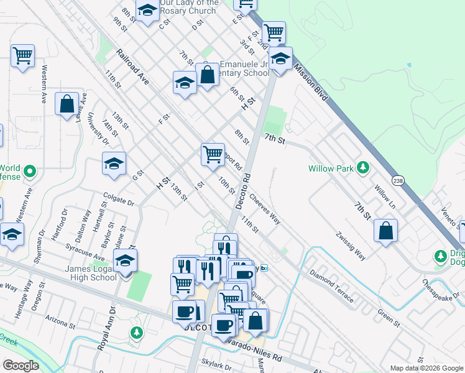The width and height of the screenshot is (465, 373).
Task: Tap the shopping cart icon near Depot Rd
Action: pos(213,154)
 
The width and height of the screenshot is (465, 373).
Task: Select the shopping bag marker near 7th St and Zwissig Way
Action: pos(386,231)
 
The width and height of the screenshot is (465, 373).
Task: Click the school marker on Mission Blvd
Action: pos(281,60)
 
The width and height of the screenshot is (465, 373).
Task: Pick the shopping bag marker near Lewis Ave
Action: pos(67,104)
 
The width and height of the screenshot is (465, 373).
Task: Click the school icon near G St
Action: pos(114,164)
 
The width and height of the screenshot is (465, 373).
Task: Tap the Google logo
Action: pos(21,366)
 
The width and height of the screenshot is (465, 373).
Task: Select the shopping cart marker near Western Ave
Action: pos(22,56)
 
